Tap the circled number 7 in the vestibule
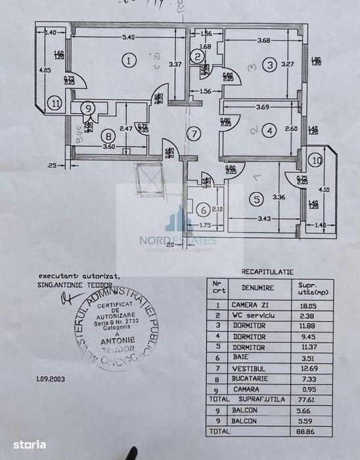click(x=192, y=135)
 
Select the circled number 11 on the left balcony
click(x=55, y=103)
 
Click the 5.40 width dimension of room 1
click(x=129, y=37)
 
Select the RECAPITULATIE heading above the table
click(x=267, y=270)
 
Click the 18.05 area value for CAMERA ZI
click(x=308, y=305)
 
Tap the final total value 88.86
click(x=308, y=432)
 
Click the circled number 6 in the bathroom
click(x=204, y=210)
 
